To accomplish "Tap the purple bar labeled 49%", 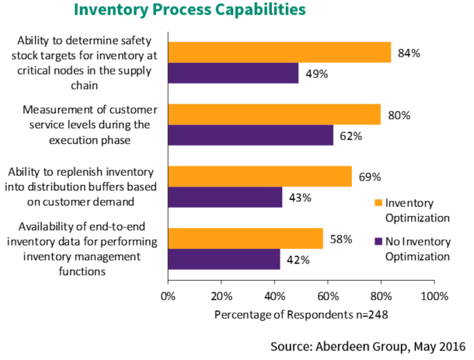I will pyautogui.click(x=232, y=73).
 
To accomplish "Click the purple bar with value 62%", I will pyautogui.click(x=249, y=135).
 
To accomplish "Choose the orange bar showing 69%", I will pyautogui.click(x=259, y=176).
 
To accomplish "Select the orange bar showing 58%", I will pyautogui.click(x=245, y=239).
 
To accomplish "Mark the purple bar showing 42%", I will pyautogui.click(x=223, y=259).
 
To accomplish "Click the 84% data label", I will pyautogui.click(x=409, y=53).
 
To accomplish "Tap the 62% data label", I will pyautogui.click(x=350, y=136).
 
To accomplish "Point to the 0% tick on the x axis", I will pyautogui.click(x=167, y=296).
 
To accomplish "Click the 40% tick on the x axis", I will pyautogui.click(x=274, y=296).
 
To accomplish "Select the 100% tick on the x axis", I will pyautogui.click(x=434, y=296).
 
